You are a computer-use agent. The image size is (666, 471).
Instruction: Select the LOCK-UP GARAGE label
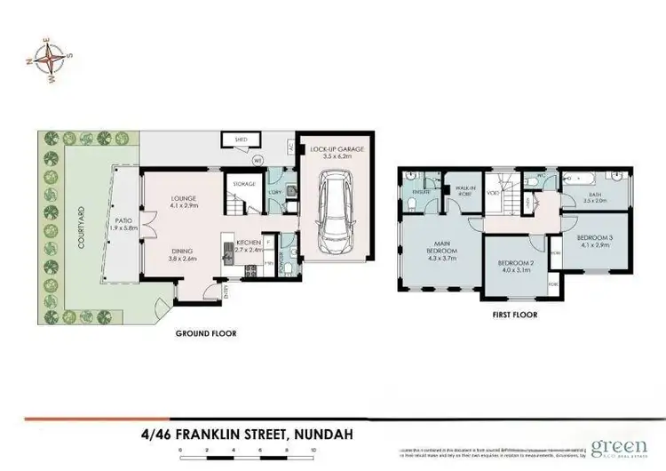(332, 152)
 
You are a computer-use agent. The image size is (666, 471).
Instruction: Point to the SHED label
(240, 140)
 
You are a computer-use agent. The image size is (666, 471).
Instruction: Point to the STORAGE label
(244, 184)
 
